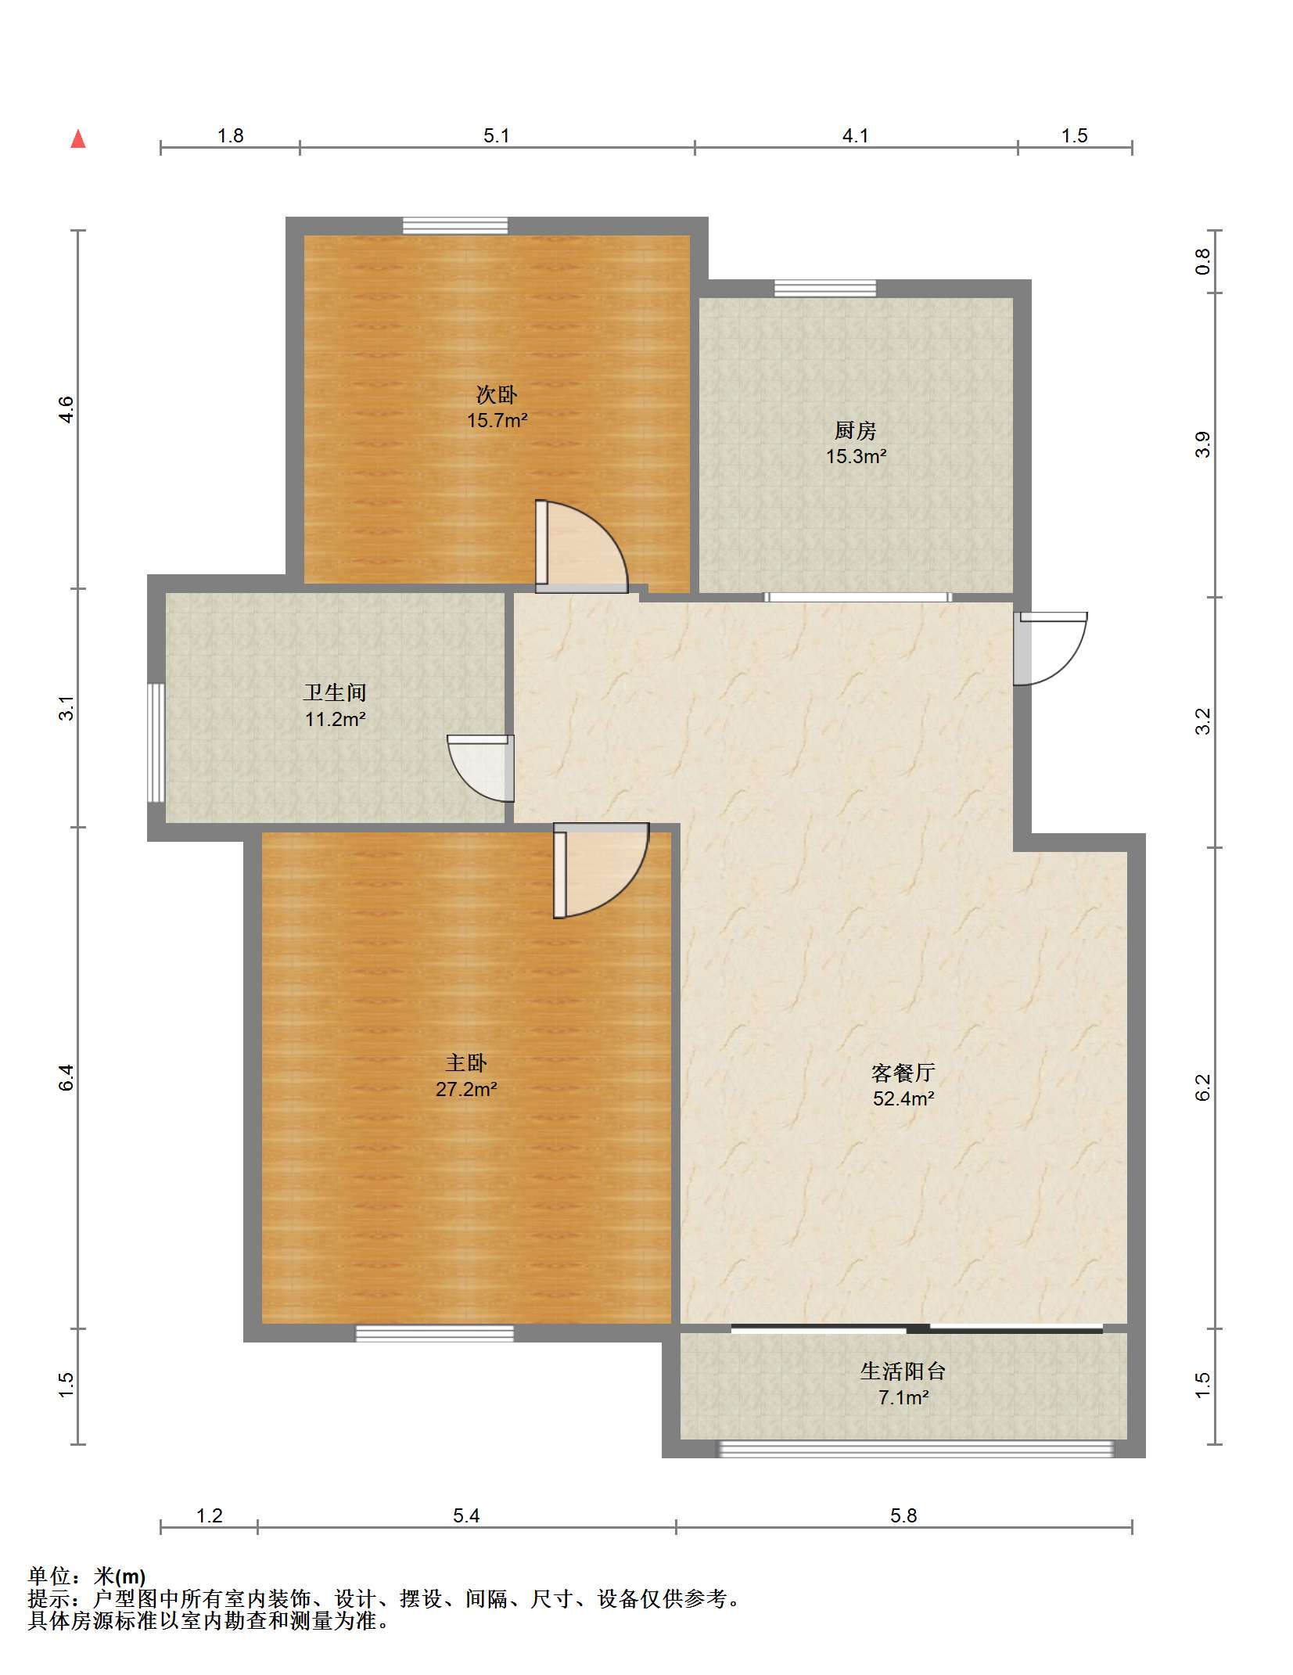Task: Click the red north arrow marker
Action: [78, 139]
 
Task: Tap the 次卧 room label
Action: [496, 394]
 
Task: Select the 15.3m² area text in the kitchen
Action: [856, 456]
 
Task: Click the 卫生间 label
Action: [335, 692]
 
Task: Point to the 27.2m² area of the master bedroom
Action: [466, 1089]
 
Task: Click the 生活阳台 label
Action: [903, 1371]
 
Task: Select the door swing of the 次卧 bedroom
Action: [583, 548]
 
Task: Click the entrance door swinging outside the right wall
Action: [1050, 648]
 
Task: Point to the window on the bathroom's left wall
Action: [156, 742]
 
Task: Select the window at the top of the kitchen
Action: [824, 289]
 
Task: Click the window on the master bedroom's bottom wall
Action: [434, 1333]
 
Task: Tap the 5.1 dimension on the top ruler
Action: [496, 136]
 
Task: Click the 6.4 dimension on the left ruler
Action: [66, 1077]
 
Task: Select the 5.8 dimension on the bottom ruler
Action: [903, 1515]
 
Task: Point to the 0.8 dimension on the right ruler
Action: [1202, 261]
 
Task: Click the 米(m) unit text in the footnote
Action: [120, 1576]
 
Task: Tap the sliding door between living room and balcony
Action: [916, 1328]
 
